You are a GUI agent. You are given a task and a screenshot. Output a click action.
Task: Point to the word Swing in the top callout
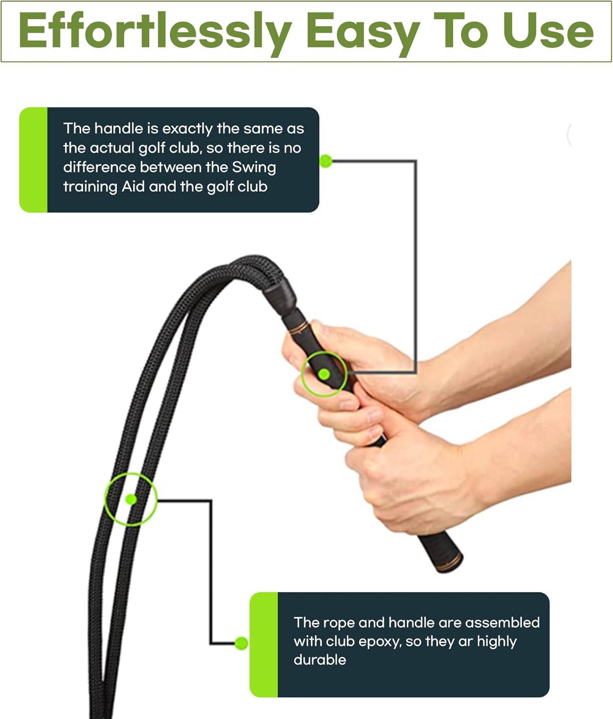coord(254,167)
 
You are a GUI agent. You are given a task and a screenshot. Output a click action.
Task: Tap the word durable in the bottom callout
coord(319,660)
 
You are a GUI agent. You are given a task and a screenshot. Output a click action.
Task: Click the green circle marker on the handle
coord(324,374)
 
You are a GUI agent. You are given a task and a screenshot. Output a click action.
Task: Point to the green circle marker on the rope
coord(130,499)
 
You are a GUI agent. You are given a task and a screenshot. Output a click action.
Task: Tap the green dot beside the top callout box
coord(326,162)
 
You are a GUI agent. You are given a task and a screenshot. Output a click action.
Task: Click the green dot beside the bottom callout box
coord(241,643)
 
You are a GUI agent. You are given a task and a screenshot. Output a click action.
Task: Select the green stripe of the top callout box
coord(33,160)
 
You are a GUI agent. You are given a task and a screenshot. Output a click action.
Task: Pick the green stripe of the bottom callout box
coord(264,645)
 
